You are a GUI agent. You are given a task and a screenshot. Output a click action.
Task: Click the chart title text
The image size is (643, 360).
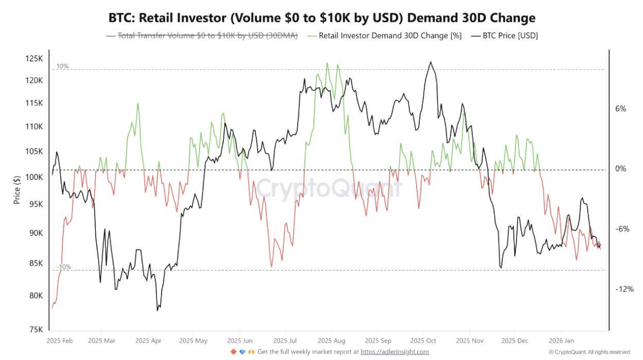click(321, 18)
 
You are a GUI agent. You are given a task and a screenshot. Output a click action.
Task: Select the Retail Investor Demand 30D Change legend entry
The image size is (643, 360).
click(390, 35)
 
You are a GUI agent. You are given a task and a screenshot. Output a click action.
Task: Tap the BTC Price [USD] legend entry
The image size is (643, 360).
click(509, 35)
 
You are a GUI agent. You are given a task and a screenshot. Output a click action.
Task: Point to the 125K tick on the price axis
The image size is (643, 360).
click(34, 59)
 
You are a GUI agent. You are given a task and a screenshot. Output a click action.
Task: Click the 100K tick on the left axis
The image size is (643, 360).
click(34, 177)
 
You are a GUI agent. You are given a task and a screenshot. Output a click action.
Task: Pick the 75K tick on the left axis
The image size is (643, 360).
click(35, 330)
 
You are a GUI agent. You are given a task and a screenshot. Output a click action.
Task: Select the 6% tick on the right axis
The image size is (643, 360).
click(620, 109)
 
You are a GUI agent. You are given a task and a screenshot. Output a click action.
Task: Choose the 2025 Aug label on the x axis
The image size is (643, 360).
click(331, 340)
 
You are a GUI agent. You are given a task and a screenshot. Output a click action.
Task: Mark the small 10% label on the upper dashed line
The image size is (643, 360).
click(62, 66)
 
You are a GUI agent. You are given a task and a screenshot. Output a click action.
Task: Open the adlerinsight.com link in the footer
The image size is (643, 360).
click(395, 352)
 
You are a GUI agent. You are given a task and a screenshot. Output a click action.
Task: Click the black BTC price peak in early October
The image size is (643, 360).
click(430, 62)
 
